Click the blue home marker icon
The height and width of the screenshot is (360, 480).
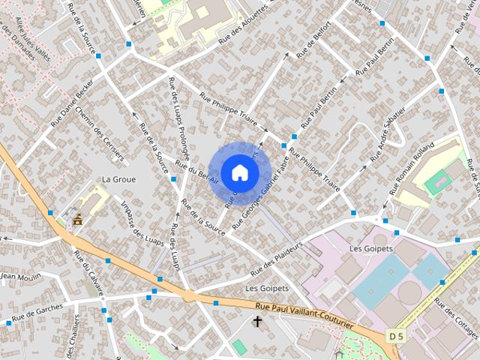(x=239, y=172)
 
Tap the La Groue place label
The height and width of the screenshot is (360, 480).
(x=118, y=179)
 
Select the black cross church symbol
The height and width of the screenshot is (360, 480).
(x=257, y=322)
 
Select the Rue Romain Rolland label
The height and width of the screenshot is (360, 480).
(x=412, y=164)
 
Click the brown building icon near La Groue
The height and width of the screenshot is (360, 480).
(x=78, y=220)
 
